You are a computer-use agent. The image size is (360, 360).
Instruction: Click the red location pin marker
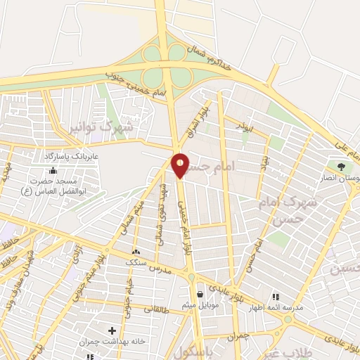[x=181, y=165]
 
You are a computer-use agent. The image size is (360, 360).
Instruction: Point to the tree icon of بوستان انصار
[x=341, y=167]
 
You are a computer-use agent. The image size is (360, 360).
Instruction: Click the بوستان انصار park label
[x=341, y=179]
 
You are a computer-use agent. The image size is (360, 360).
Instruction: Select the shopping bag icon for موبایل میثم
[x=202, y=294]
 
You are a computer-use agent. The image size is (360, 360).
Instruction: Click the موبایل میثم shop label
[x=203, y=305]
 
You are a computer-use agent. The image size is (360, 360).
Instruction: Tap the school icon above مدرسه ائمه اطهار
[x=276, y=297]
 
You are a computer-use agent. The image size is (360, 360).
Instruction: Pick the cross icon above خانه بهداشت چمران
[x=112, y=330]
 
